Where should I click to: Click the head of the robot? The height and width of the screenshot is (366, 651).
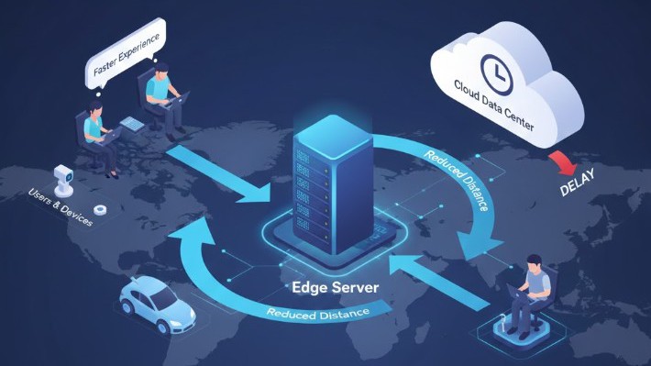tap(62, 172)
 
